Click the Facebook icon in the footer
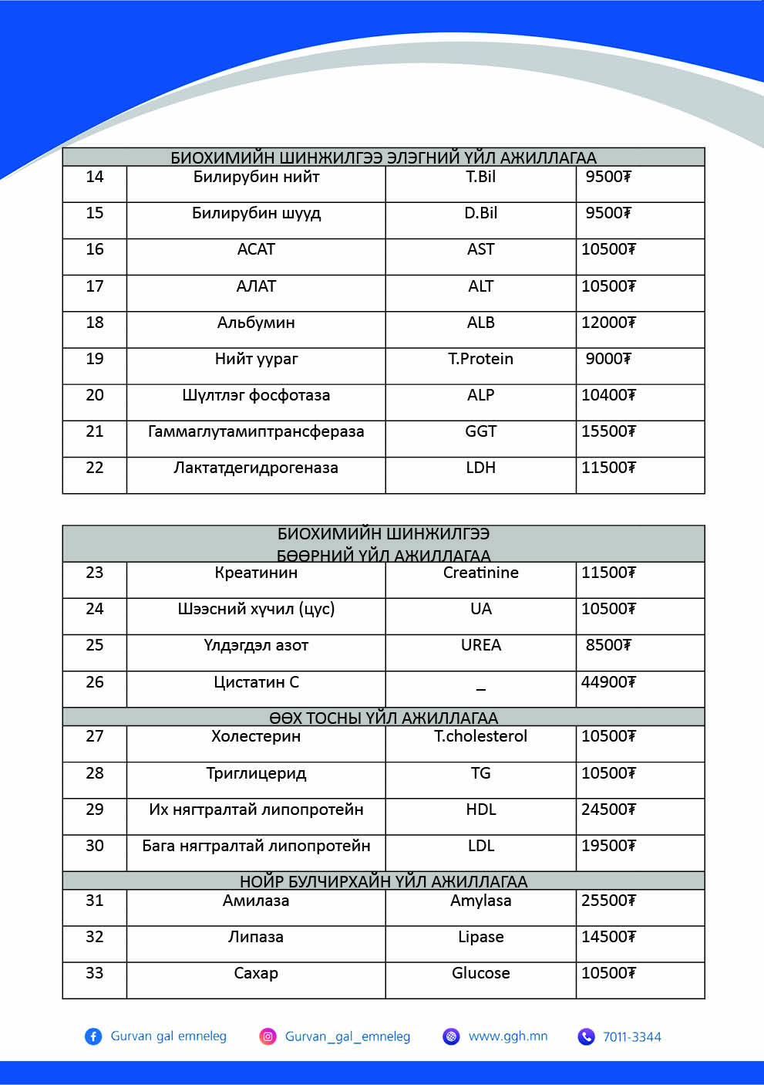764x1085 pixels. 93,1036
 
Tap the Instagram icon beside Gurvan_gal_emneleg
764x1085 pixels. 268,1036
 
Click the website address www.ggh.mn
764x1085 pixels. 508,1036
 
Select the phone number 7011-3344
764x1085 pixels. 632,1037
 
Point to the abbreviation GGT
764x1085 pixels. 480,431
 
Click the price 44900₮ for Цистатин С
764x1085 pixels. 608,682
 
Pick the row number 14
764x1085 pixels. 95,177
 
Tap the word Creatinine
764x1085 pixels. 480,573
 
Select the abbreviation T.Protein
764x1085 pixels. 480,359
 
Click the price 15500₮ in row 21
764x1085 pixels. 608,431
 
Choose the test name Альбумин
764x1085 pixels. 256,323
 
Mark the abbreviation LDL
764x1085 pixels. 480,846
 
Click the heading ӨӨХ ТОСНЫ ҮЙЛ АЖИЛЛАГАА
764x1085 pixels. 383,718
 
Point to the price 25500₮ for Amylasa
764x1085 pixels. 608,901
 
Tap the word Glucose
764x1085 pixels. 480,973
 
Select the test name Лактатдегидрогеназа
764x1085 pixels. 256,468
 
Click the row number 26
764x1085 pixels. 95,682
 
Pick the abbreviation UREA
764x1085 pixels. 480,645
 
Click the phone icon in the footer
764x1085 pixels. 587,1036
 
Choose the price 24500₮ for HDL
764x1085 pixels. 608,810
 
